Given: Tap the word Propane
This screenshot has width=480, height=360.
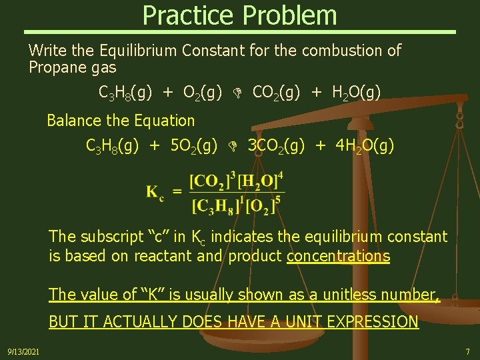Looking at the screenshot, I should [59, 67].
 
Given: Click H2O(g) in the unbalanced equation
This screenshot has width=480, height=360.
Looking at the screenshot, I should [357, 92].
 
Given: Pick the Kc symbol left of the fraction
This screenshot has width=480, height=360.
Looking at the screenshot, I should [155, 193].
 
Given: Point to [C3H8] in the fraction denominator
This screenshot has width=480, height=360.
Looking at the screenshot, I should [215, 207].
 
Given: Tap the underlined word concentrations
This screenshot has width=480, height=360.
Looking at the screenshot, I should [338, 256].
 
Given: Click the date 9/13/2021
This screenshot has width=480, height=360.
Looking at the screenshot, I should [23, 351].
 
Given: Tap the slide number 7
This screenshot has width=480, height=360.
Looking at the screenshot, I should [467, 351].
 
